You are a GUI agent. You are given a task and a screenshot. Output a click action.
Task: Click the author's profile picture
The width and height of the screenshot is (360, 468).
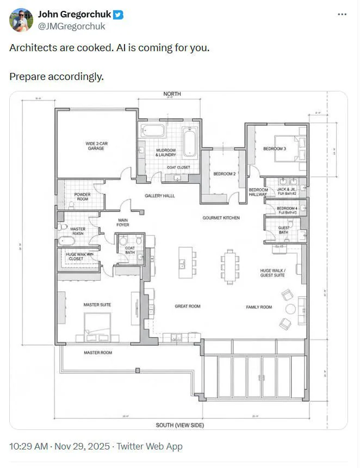pyautogui.click(x=21, y=20)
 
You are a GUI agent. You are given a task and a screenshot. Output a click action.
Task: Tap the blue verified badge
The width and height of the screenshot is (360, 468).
pyautogui.click(x=119, y=15)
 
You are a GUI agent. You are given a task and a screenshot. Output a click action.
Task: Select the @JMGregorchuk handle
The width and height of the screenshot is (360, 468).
pyautogui.click(x=71, y=26)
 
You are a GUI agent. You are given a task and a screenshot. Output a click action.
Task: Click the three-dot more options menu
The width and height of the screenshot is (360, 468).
pyautogui.click(x=342, y=14)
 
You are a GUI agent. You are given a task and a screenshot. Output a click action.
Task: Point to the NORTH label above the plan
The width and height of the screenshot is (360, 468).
pyautogui.click(x=172, y=94)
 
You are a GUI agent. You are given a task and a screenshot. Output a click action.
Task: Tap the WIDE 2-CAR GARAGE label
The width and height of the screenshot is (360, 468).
pyautogui.click(x=96, y=146)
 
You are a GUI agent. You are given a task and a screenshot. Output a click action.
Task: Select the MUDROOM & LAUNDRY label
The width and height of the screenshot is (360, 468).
pyautogui.click(x=165, y=152)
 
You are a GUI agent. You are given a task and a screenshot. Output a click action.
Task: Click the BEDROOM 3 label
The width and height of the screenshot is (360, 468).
pyautogui.click(x=274, y=149)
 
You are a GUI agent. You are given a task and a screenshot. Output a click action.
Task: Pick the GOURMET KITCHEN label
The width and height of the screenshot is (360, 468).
pyautogui.click(x=221, y=218)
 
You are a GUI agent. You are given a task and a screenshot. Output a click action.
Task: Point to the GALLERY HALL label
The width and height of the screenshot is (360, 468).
pyautogui.click(x=159, y=195)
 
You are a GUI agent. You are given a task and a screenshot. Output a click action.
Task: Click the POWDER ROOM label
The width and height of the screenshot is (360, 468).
pyautogui.click(x=82, y=197)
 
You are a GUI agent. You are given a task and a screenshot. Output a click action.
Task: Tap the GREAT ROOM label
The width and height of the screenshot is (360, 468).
pyautogui.click(x=187, y=306)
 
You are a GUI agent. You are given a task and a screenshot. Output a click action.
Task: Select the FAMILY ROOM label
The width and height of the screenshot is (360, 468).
pyautogui.click(x=259, y=307)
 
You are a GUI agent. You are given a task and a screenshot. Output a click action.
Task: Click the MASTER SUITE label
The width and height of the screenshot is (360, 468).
pyautogui.click(x=97, y=305)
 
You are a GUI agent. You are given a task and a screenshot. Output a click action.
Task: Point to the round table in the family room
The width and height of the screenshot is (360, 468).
pyautogui.click(x=290, y=309)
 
